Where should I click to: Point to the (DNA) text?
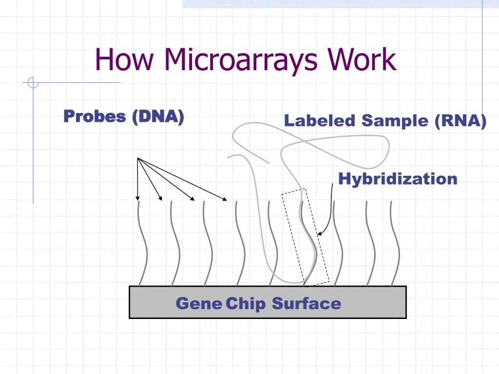point(158,116)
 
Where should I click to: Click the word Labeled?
point(320,120)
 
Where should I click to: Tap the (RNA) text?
point(461,120)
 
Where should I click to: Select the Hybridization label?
point(398,179)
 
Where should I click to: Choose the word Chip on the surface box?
point(246,304)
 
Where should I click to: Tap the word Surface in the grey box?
point(307,303)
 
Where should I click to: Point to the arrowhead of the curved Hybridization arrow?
point(319,234)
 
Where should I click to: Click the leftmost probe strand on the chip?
point(141,243)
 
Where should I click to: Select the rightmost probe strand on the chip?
point(395,243)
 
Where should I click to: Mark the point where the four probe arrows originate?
point(138,158)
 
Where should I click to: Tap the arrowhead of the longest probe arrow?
point(225,199)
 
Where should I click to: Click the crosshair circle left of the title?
point(33,83)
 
